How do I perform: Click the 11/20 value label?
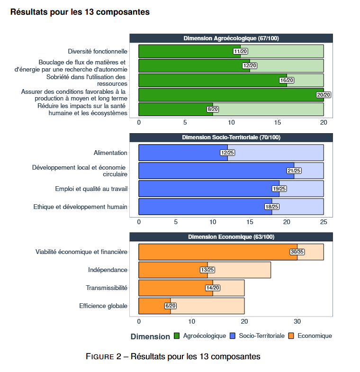(x=240, y=51)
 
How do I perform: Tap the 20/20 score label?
(x=324, y=95)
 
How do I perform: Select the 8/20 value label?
(x=213, y=109)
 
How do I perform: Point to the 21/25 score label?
(x=294, y=171)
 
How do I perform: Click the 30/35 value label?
(x=297, y=252)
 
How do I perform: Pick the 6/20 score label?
(x=170, y=306)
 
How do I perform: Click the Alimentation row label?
(x=110, y=153)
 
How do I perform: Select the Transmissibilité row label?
(x=107, y=288)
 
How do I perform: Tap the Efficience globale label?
(x=103, y=306)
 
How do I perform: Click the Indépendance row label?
(x=108, y=270)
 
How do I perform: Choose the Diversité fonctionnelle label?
(x=98, y=51)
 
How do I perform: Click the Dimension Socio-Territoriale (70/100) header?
(x=231, y=137)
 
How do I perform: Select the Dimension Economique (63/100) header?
(x=231, y=237)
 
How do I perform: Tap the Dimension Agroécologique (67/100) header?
(x=231, y=38)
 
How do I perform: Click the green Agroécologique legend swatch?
(x=177, y=336)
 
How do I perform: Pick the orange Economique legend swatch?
(x=291, y=336)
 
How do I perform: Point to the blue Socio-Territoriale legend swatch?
(x=233, y=336)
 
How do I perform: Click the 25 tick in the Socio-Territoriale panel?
(x=324, y=222)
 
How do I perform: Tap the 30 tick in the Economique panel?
(x=297, y=321)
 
